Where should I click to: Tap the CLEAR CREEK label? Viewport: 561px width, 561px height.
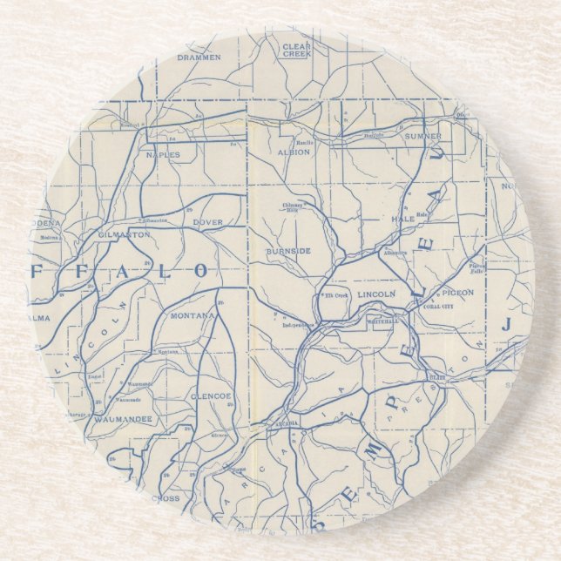[x=297, y=50]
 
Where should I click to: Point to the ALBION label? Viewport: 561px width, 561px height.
[x=294, y=152]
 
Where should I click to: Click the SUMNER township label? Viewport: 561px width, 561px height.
[x=422, y=137]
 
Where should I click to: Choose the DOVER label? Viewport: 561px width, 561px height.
[x=208, y=222]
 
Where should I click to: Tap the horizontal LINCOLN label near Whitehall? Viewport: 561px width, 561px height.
[x=377, y=294]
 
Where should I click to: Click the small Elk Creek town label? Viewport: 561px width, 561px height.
[x=335, y=297]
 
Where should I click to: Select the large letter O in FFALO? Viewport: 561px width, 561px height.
[x=201, y=271]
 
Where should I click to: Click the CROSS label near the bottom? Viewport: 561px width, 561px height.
[x=166, y=498]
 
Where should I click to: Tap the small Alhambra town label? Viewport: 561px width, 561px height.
[x=395, y=252]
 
